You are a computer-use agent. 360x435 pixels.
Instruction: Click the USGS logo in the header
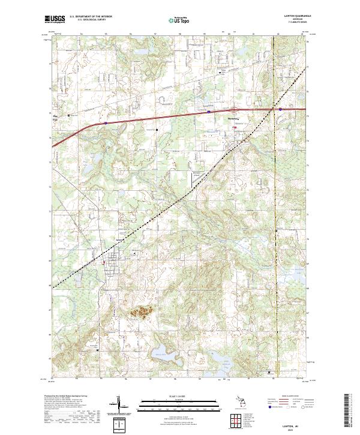click(55, 19)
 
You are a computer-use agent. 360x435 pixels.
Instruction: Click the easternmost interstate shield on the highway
click(280, 109)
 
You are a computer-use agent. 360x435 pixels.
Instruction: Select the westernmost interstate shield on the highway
click(106, 123)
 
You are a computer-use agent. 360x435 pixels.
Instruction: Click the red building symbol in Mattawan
click(235, 127)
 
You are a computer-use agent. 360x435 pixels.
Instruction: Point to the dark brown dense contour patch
click(142, 311)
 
